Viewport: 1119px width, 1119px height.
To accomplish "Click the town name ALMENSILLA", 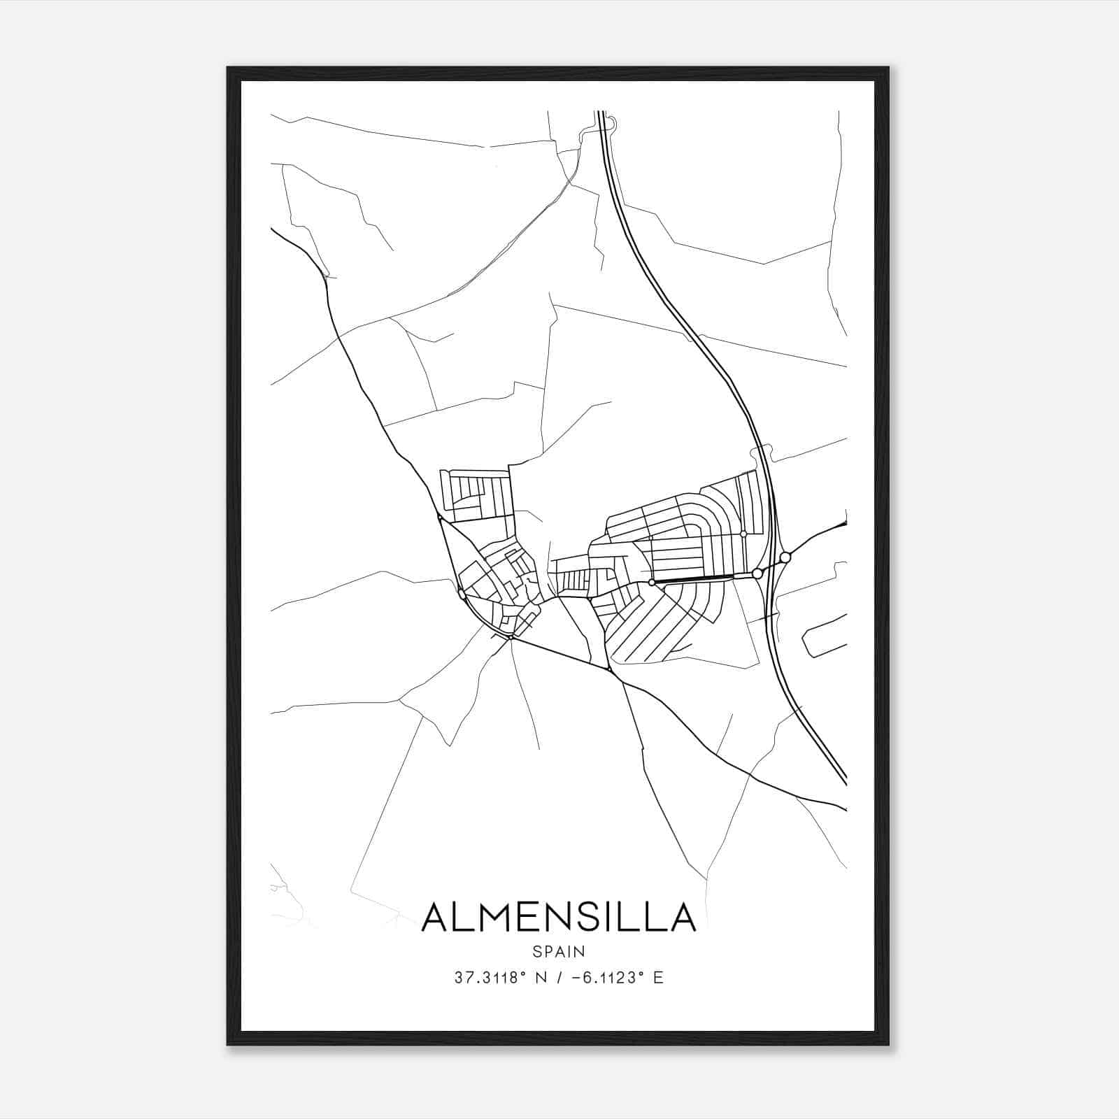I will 559,918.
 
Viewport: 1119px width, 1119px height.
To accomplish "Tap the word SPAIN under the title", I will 559,951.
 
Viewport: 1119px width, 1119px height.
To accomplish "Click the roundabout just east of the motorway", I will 785,557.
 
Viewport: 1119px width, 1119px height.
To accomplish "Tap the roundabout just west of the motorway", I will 757,573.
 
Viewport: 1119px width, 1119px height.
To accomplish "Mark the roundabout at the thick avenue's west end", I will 651,582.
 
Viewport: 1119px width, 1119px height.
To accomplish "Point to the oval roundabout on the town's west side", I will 462,594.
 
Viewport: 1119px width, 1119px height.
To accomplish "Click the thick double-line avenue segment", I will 692,578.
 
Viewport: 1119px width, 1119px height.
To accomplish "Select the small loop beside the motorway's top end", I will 611,124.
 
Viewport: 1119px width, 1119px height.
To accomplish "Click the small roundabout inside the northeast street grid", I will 743,534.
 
